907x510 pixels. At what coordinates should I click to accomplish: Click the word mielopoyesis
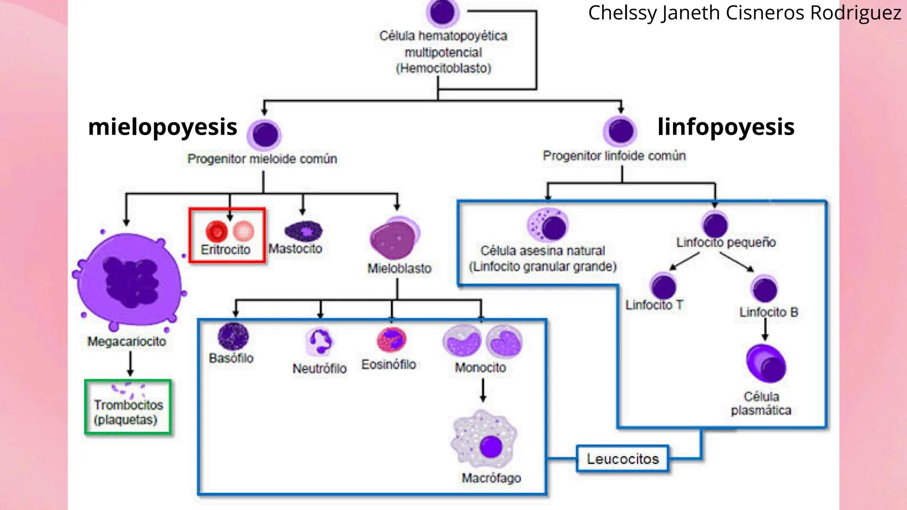[163, 127]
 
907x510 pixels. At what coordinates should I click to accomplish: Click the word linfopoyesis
[726, 127]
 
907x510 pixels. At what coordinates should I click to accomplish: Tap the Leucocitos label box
[622, 459]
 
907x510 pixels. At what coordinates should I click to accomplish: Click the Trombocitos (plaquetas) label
[128, 412]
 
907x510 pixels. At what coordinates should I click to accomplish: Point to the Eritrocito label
[225, 249]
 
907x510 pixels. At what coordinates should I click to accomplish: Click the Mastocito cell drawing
[303, 231]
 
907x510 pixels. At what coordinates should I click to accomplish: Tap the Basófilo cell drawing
[233, 337]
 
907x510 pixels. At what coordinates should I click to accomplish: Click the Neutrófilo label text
[320, 368]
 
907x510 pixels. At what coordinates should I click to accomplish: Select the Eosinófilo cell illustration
[391, 340]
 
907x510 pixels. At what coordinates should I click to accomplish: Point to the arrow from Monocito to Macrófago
[483, 390]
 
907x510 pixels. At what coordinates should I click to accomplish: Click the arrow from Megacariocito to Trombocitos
[130, 364]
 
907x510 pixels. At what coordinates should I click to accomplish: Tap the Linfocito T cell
[663, 286]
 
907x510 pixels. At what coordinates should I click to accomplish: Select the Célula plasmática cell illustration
[766, 364]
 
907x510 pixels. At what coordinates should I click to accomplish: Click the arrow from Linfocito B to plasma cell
[765, 329]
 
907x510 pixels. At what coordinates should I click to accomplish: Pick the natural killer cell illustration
[548, 225]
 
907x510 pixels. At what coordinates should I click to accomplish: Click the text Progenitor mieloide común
[262, 159]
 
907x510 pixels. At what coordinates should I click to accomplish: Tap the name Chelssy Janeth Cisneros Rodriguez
[744, 13]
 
